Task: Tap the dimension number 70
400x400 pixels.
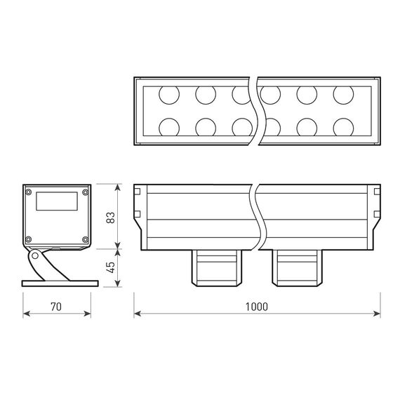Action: click(57, 306)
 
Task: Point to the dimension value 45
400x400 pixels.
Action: click(110, 267)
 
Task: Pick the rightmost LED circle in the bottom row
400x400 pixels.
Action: click(343, 126)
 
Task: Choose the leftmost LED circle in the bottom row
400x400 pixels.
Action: click(168, 126)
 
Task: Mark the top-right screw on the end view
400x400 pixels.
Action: click(85, 192)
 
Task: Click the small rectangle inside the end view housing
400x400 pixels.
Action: click(57, 201)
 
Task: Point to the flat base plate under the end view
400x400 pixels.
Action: click(58, 284)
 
